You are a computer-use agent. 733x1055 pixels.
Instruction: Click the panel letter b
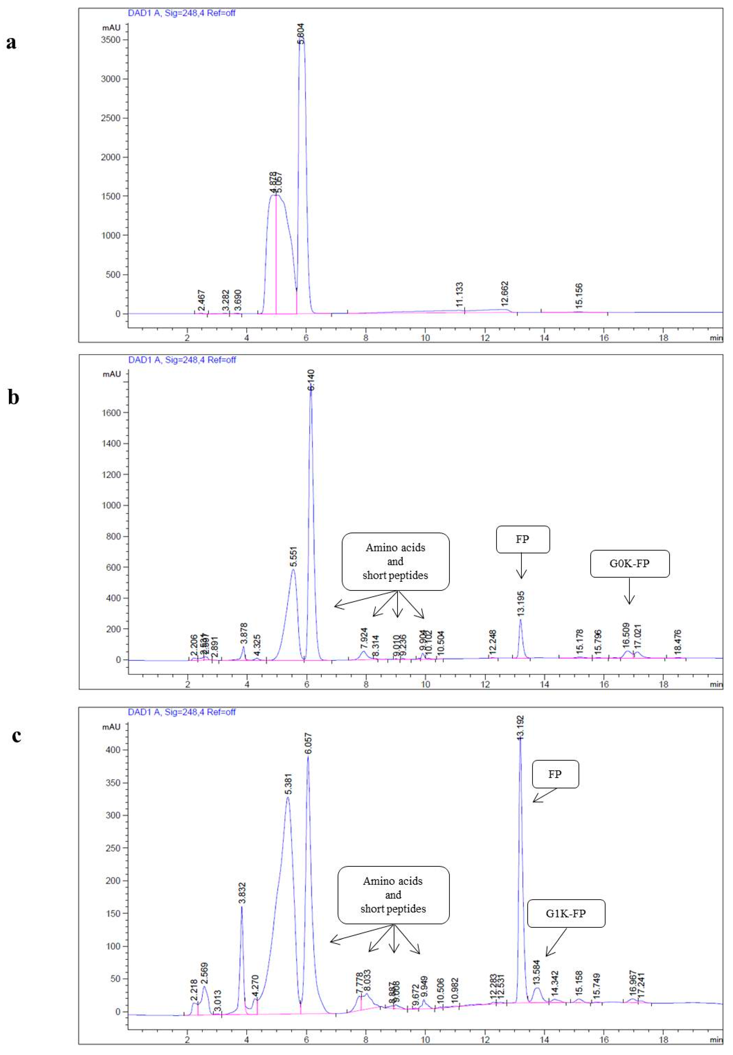13,397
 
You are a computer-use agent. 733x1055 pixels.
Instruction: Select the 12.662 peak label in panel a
505,294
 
